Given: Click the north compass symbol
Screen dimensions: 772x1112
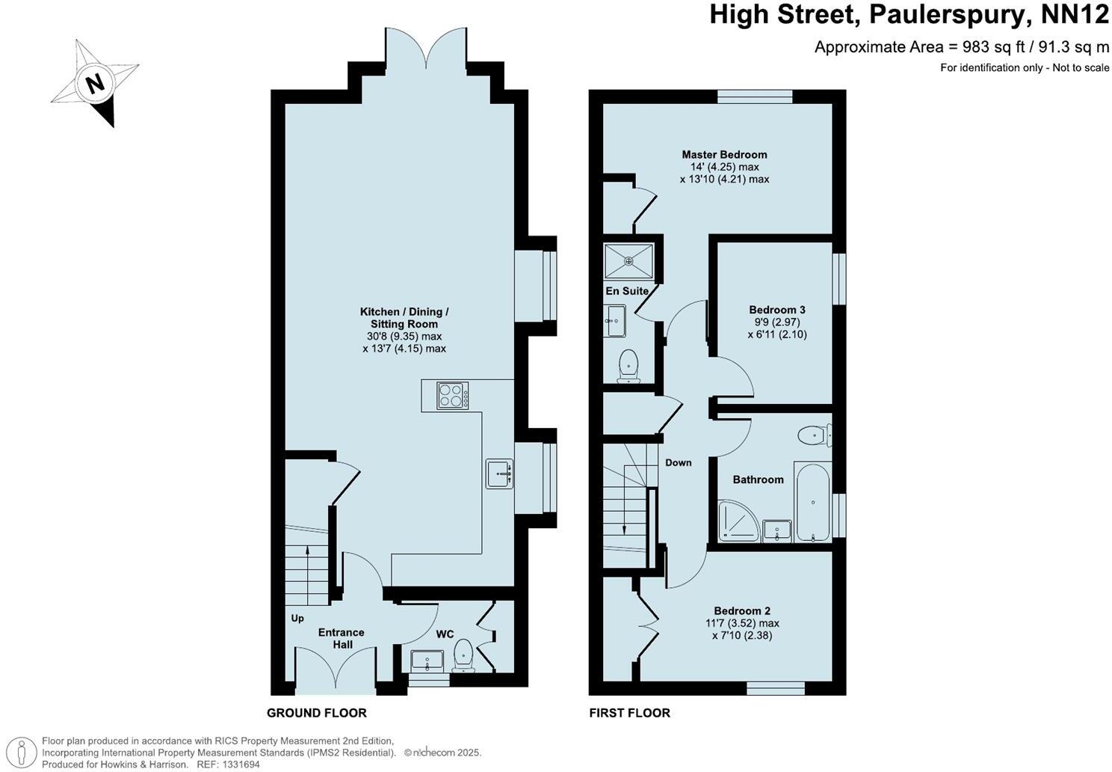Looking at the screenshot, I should (94, 82).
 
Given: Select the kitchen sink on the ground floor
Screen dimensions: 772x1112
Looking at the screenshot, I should (499, 473).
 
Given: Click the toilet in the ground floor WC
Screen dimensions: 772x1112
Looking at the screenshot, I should (464, 655).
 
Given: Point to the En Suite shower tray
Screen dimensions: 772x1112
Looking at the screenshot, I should (628, 261).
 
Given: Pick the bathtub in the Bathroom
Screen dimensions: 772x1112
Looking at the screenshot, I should (811, 501).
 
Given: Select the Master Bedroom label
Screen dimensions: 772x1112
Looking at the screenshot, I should (724, 155).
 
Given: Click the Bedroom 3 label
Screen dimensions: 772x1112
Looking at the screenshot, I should (777, 310).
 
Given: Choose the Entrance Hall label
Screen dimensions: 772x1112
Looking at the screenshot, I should (342, 638).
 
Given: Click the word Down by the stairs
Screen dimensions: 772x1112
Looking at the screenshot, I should (679, 462).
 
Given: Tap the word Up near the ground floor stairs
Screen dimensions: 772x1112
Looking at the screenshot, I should (298, 619).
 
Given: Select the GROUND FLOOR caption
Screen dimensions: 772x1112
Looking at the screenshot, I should (317, 713).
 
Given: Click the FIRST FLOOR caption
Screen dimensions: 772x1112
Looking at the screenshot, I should (629, 713).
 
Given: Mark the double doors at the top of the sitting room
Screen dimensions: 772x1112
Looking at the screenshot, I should (426, 49).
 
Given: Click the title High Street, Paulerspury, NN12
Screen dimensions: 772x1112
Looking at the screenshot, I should (909, 16).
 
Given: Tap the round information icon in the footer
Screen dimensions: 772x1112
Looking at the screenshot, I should (25, 751).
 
